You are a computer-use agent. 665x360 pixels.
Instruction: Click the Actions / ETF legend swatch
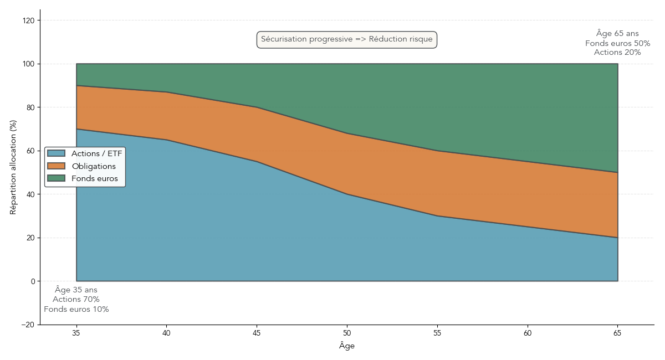[56, 153]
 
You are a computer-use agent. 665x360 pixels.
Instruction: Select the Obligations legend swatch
[56, 166]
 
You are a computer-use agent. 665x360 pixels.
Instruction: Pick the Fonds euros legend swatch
[56, 178]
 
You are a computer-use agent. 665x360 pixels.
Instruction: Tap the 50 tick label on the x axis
[347, 333]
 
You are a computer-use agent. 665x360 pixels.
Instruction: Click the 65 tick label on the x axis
[617, 333]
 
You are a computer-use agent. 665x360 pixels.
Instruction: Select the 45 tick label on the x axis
[257, 333]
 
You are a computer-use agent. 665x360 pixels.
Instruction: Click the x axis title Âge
[347, 346]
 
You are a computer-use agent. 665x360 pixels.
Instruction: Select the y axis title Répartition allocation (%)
[13, 167]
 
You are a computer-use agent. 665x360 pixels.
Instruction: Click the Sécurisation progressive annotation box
[347, 39]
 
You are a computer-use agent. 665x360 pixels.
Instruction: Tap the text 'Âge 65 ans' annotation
[617, 33]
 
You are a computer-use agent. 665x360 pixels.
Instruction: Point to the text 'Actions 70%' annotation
[76, 300]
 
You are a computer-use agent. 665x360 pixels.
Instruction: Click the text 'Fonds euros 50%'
[617, 43]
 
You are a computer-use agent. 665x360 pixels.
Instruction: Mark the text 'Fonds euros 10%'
[76, 310]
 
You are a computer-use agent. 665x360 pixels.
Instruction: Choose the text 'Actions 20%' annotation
[617, 53]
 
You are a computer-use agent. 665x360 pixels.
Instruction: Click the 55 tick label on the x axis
[437, 333]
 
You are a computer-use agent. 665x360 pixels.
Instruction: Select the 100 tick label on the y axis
[28, 64]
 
